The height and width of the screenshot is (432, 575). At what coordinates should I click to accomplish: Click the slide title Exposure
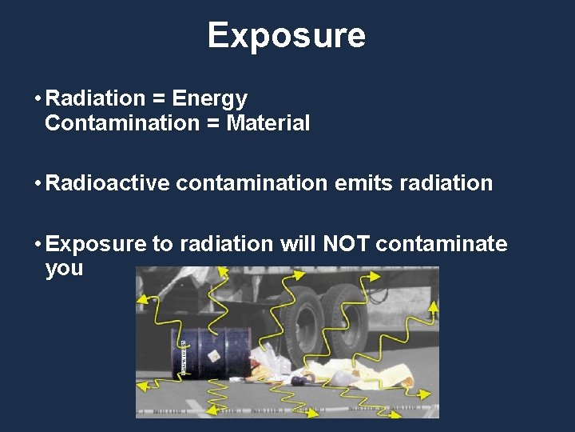click(287, 36)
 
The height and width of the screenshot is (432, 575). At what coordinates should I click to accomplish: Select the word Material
click(268, 123)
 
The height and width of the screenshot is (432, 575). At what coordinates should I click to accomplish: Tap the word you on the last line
click(64, 268)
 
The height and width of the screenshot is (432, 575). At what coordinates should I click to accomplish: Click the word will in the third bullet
click(297, 243)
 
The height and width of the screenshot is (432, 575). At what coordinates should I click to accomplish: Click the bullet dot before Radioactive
click(37, 183)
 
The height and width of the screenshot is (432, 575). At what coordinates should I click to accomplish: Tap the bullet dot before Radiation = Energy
click(37, 99)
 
